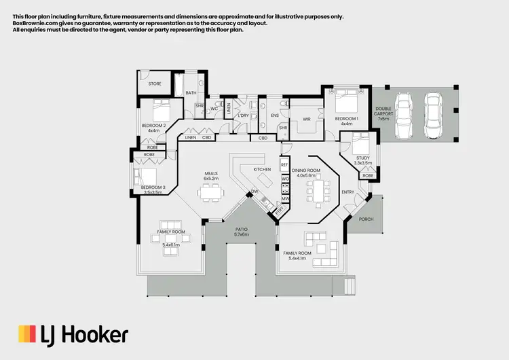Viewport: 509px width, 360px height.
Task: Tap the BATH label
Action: click(x=191, y=92)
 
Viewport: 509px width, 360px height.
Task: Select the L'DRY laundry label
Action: click(x=243, y=115)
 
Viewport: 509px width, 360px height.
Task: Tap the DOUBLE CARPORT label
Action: click(x=383, y=113)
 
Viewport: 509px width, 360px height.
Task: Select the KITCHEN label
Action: click(x=262, y=168)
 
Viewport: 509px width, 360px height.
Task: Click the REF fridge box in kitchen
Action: click(x=285, y=165)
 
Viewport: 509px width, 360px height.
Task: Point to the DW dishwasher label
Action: click(x=254, y=193)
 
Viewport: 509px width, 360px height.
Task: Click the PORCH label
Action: click(x=366, y=218)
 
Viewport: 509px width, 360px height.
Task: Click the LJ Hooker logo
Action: click(x=73, y=334)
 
